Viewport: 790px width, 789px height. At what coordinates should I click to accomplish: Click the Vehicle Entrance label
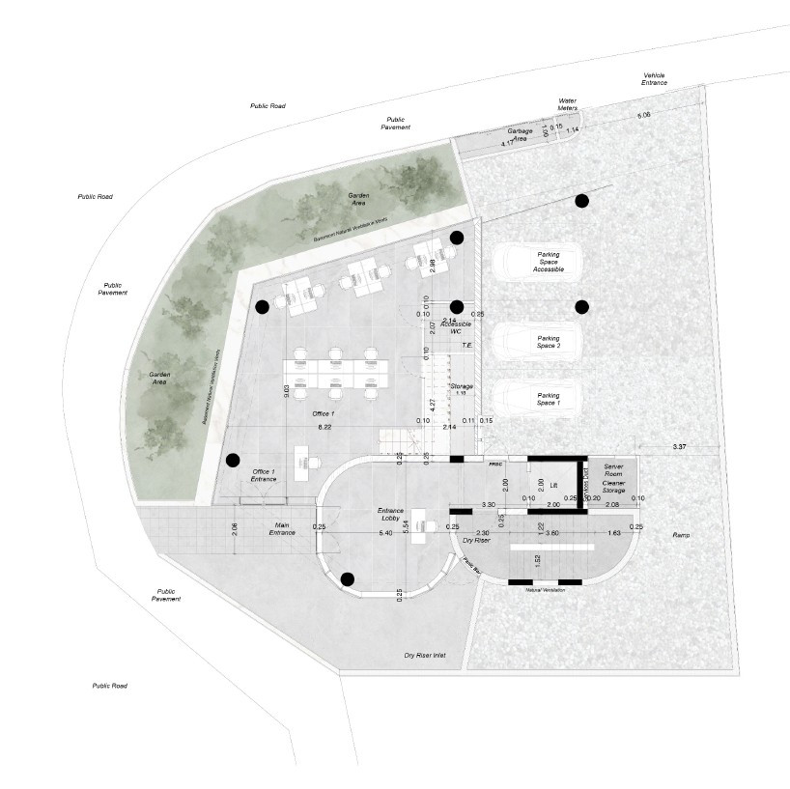coord(654,79)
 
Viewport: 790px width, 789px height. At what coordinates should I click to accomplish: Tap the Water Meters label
coord(567,103)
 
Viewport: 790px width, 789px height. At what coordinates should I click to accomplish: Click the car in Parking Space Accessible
coord(536,262)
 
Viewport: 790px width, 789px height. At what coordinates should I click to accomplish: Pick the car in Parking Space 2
coord(536,341)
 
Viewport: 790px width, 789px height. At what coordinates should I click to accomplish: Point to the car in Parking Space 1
coord(536,397)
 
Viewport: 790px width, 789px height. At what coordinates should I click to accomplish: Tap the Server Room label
coord(613,470)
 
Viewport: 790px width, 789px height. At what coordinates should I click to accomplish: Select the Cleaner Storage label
coord(613,487)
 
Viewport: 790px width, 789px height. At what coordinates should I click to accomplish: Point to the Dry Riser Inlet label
coord(424,656)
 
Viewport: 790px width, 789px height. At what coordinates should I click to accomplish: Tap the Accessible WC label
coord(456,328)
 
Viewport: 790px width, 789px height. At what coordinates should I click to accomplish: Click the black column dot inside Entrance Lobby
coord(347,579)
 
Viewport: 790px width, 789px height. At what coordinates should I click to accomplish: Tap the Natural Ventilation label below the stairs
coord(545,589)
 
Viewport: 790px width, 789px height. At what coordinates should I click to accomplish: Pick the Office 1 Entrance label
coord(264,475)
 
